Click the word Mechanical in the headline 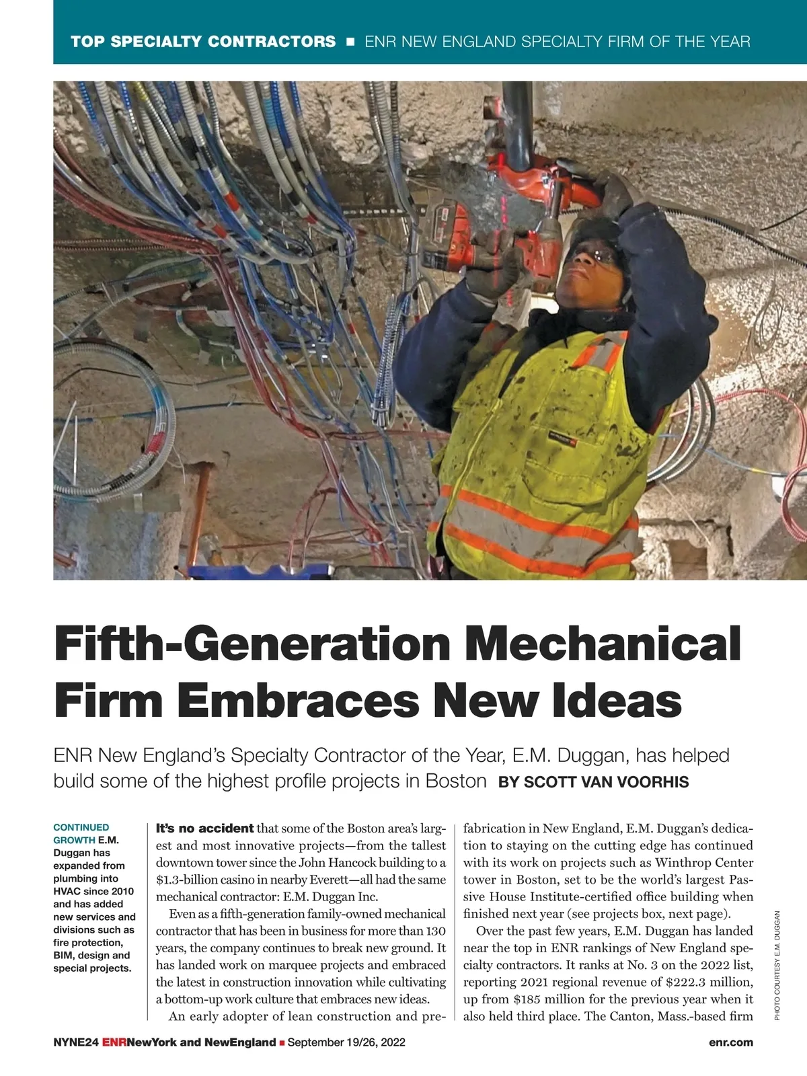coord(603,644)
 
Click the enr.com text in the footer coord(730,1042)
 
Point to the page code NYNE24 coord(76,1042)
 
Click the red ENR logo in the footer coord(114,1042)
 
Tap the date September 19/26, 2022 coord(346,1042)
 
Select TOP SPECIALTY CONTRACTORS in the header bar coord(203,42)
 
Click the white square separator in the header coord(350,42)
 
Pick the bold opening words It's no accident coord(204,828)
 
